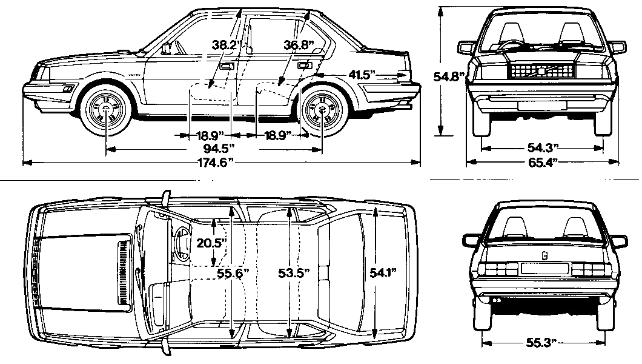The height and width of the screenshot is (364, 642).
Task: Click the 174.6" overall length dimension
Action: tap(215, 163)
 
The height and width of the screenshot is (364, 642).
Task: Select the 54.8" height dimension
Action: tap(449, 76)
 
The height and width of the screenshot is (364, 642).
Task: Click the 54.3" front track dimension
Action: tap(541, 148)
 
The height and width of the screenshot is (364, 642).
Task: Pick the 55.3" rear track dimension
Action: tap(541, 343)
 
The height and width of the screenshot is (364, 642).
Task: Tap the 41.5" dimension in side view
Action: tap(362, 74)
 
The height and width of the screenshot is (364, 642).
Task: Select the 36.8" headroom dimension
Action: tap(297, 44)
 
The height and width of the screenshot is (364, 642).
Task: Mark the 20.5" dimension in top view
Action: tap(212, 242)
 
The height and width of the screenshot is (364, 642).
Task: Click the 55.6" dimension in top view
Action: tap(233, 274)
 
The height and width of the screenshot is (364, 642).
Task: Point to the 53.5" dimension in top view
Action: tap(293, 274)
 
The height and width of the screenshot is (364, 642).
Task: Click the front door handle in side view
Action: tap(227, 66)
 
